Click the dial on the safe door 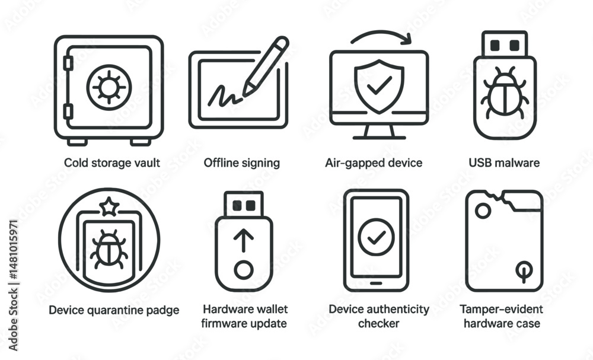tap(109, 87)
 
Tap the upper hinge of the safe tap(68, 63)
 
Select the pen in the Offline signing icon tap(265, 66)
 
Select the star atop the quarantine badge tap(109, 206)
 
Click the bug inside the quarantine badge tap(109, 250)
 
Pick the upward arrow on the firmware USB tap(244, 241)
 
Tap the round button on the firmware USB tap(244, 270)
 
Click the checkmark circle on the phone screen tap(377, 237)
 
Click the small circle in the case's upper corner tap(483, 211)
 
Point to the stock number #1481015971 tap(13, 250)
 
